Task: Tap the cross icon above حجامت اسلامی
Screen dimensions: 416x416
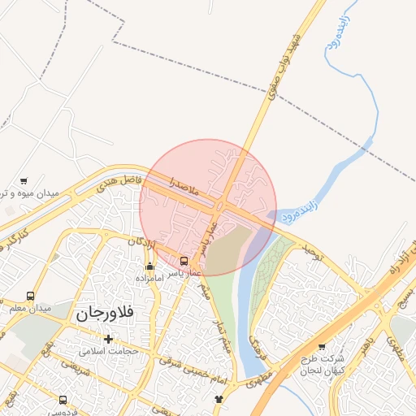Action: (x=108, y=338)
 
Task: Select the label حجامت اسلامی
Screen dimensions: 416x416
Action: (x=110, y=352)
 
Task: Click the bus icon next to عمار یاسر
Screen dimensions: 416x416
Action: (x=184, y=262)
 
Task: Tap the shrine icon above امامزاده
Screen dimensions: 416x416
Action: (x=149, y=266)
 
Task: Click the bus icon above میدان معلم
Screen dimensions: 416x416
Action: (x=31, y=296)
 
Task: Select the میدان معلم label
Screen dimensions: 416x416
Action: (x=31, y=309)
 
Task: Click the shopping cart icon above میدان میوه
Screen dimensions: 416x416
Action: (x=24, y=181)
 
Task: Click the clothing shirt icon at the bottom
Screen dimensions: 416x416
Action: (x=218, y=399)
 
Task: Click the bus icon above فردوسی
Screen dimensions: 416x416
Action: (x=63, y=400)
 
